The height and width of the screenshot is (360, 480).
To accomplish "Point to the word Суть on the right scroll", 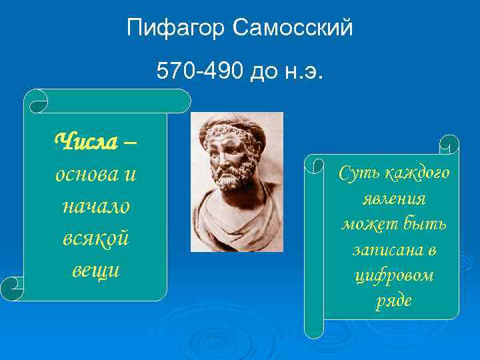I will coord(359,173).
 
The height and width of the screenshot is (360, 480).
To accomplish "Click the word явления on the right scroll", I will coord(393,198).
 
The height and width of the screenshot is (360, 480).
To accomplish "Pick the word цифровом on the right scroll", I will coord(393,275).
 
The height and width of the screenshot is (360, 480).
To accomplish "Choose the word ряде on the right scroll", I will coord(393,301).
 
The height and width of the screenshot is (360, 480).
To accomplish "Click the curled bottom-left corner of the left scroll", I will coord(13,289).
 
